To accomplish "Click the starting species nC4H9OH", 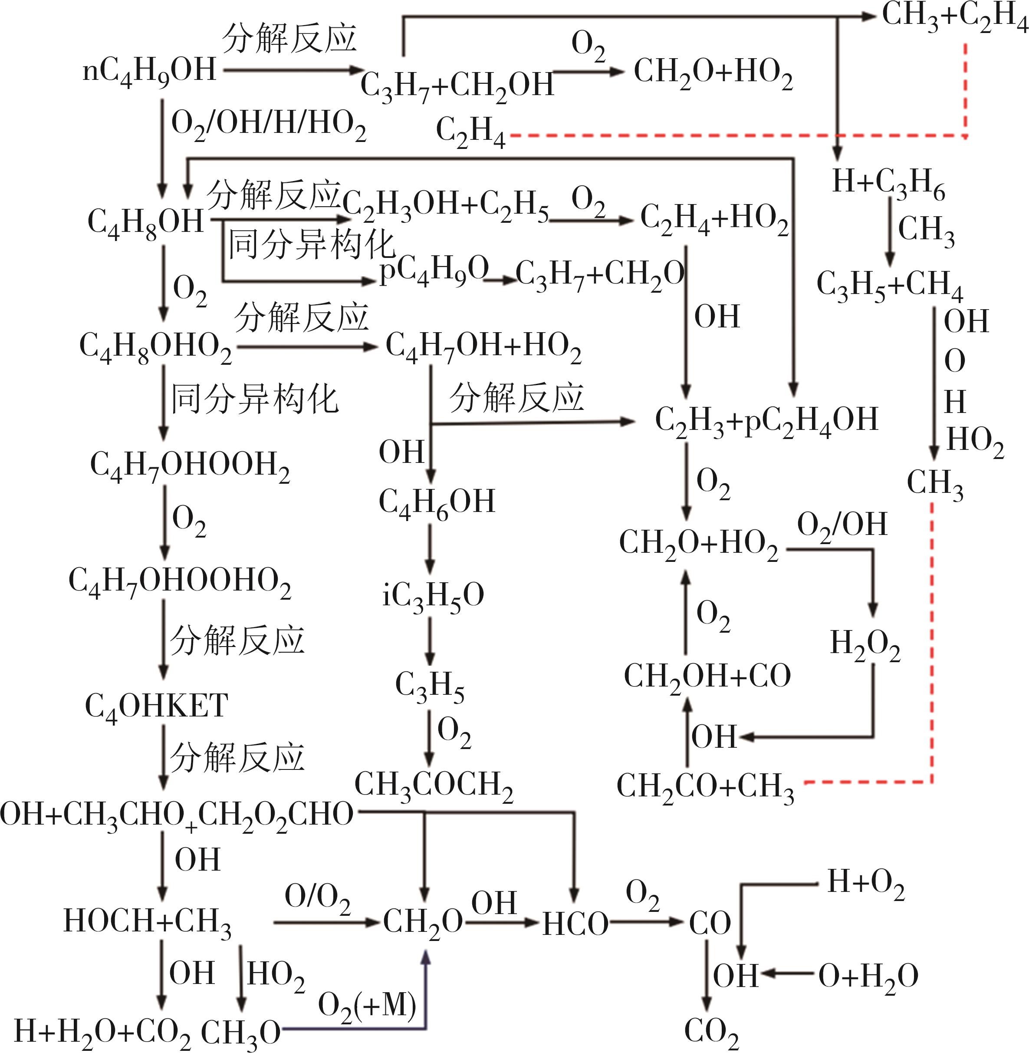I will tap(150, 71).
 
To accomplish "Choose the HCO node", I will tap(575, 924).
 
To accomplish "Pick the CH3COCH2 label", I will tap(434, 785).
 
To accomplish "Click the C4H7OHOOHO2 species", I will tap(180, 582).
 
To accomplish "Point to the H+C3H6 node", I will tap(888, 183).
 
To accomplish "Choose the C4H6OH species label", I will tap(437, 502).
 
